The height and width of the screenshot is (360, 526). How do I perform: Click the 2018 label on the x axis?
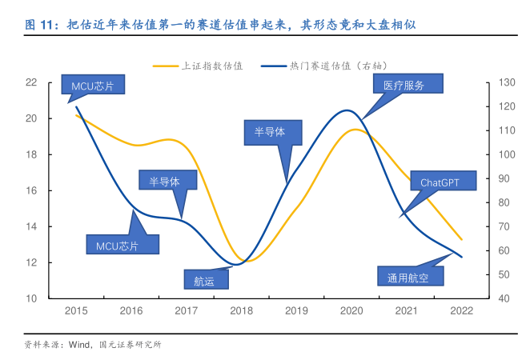click(241, 311)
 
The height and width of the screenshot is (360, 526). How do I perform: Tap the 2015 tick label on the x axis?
click(76, 311)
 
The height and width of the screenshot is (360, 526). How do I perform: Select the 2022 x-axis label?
click(462, 311)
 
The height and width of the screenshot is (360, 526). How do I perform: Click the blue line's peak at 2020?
click(347, 110)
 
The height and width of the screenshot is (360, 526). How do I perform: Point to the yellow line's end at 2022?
click(462, 239)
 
